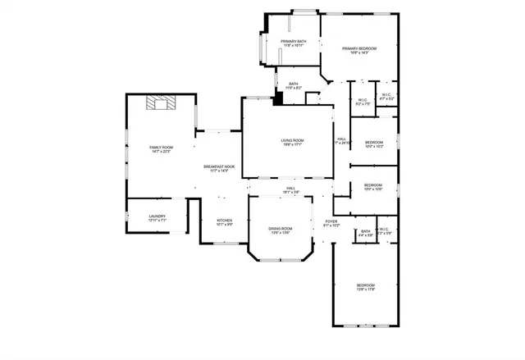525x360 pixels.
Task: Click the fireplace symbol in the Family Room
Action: click(161, 103)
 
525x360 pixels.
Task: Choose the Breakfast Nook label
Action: click(219, 166)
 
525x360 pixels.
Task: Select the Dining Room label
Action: click(280, 229)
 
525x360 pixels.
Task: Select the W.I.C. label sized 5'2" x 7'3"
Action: click(363, 101)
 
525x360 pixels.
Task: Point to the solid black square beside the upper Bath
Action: click(278, 98)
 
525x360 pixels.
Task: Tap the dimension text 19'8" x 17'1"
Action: click(292, 144)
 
